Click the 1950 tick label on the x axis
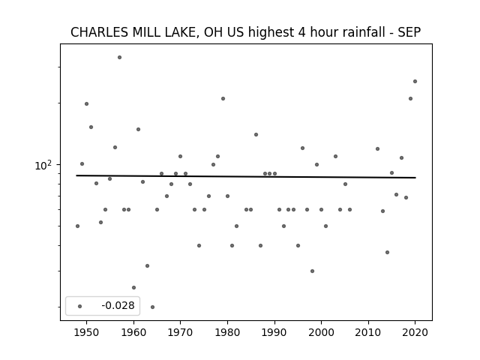(x=86, y=332)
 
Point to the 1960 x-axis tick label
(x=133, y=332)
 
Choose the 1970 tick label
(x=180, y=332)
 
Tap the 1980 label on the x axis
(x=227, y=332)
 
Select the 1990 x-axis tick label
(x=274, y=332)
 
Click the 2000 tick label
(x=321, y=332)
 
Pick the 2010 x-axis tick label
(x=368, y=332)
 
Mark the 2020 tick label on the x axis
(x=415, y=332)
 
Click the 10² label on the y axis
(x=43, y=165)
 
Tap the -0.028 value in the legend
(x=118, y=305)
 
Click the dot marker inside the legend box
(x=80, y=306)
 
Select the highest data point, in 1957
(x=120, y=57)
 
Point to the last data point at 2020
(x=415, y=82)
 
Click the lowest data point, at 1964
(x=152, y=307)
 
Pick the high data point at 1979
(x=223, y=98)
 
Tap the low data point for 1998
(x=312, y=271)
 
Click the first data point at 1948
(x=77, y=226)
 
